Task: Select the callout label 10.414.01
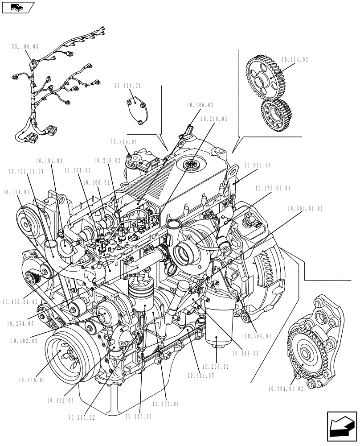click(127, 85)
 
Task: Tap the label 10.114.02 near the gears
click(295, 59)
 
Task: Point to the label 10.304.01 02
click(286, 388)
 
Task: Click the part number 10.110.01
click(32, 380)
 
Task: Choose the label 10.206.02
click(217, 367)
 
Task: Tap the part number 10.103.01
click(165, 404)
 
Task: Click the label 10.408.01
click(245, 353)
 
